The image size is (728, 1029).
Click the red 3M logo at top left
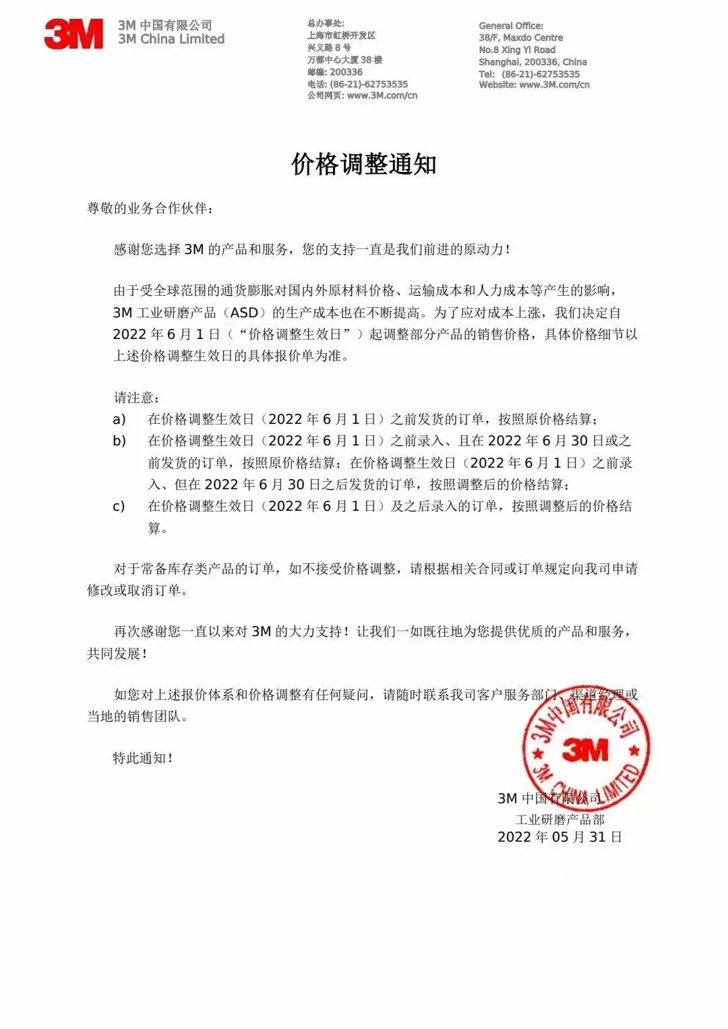point(73,34)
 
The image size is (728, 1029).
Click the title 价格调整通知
point(364,164)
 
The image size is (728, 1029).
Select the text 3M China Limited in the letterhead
point(171,39)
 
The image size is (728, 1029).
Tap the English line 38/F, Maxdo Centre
point(520,38)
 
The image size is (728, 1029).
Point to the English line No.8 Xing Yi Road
point(517,50)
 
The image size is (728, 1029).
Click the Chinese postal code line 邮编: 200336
point(335,72)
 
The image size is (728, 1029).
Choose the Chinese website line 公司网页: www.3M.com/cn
point(362,96)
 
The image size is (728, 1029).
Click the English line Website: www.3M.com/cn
point(534,85)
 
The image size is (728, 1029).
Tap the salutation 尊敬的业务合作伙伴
point(150,208)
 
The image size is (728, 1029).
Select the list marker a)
point(119,419)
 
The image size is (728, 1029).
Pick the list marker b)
point(119,441)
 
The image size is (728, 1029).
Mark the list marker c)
point(119,506)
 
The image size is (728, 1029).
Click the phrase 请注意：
point(137,398)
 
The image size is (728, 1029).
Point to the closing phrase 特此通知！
point(143,758)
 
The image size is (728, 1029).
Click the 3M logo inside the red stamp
point(584,749)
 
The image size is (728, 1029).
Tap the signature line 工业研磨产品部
point(559,819)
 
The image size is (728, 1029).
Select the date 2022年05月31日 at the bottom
point(559,837)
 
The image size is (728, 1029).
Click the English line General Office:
point(511,26)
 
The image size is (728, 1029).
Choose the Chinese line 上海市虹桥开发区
point(341,36)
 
